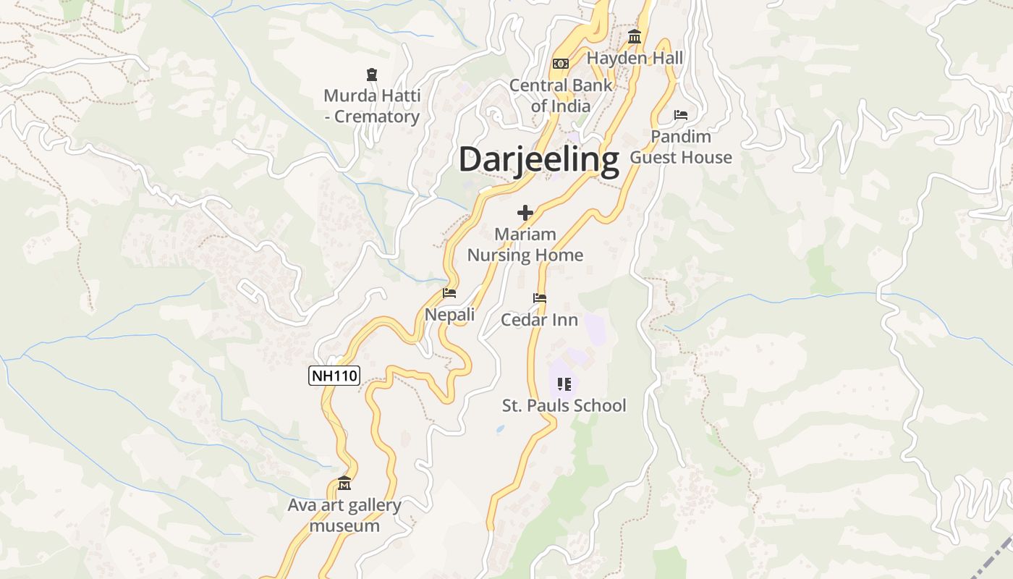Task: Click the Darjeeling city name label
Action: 539,159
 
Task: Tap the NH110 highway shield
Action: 334,376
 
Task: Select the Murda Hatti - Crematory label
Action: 372,106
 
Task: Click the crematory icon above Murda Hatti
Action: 372,75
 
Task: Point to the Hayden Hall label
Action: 635,58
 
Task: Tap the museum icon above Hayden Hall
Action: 635,37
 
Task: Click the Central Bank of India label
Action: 561,96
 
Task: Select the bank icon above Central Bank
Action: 561,64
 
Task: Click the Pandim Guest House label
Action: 681,147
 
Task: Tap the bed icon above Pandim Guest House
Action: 681,115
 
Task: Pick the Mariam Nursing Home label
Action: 525,245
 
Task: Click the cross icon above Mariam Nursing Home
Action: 525,213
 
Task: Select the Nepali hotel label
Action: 449,315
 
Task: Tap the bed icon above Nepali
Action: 449,293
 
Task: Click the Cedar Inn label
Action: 540,320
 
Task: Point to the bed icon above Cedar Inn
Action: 540,298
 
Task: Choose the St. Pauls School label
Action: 564,405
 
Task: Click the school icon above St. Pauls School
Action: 564,384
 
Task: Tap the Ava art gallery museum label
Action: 344,515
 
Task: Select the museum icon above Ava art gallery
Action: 344,483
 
